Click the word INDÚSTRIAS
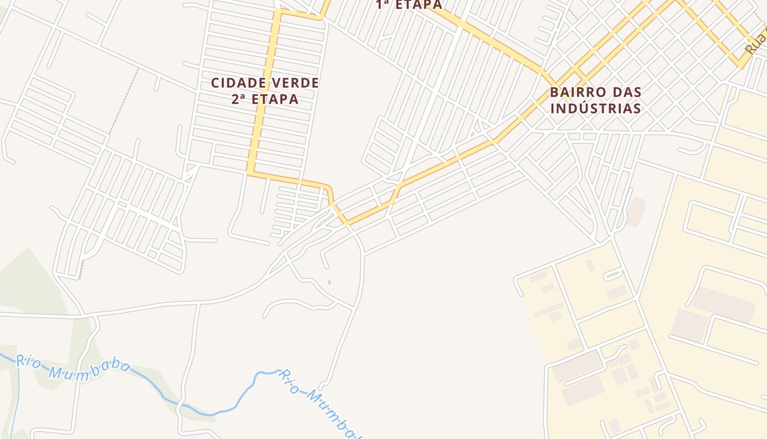[596, 108]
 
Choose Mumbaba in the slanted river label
[331, 415]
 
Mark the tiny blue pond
[329, 282]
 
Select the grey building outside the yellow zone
[636, 212]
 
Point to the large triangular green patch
[27, 285]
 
